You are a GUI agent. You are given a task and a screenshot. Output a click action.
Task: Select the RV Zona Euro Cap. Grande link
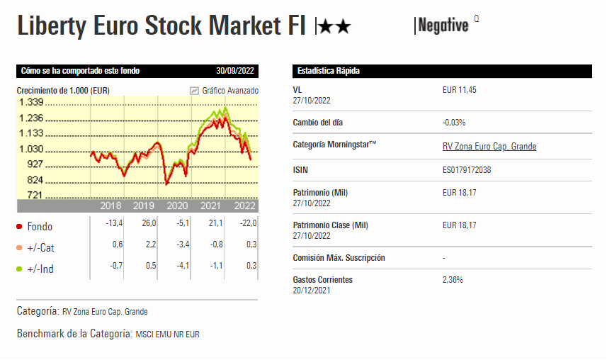click(x=489, y=147)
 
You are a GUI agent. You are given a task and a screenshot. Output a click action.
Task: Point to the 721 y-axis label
click(x=35, y=195)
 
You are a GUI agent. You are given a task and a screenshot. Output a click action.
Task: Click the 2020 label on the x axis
click(x=177, y=206)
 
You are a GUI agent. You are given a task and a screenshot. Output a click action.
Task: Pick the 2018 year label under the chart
click(x=110, y=206)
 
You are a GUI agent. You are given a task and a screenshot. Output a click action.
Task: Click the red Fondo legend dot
click(x=19, y=227)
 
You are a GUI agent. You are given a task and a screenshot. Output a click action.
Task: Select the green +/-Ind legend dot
click(x=19, y=269)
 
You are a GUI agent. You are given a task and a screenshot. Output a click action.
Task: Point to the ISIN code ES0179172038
click(x=467, y=171)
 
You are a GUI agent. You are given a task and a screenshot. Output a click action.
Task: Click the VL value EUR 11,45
click(x=461, y=91)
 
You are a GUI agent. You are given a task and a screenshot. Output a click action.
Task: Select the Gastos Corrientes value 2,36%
click(x=453, y=280)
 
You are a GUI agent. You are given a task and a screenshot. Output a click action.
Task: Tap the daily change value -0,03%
click(x=454, y=123)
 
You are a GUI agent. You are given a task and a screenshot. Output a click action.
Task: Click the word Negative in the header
click(x=443, y=26)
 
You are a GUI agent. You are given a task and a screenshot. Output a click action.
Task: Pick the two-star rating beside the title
click(x=334, y=28)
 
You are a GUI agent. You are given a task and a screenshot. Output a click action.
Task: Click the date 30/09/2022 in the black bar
click(x=235, y=71)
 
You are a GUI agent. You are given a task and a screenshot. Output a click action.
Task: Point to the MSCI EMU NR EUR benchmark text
click(x=167, y=334)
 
